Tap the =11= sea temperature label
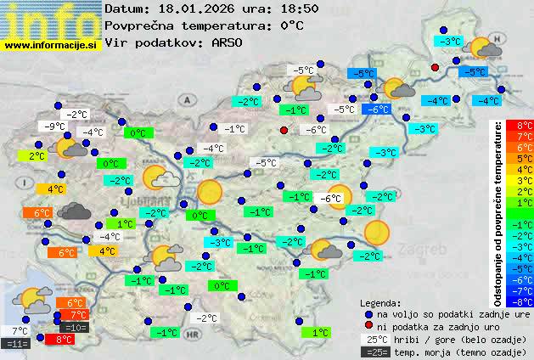pos(16,344)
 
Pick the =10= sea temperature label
pos(74,327)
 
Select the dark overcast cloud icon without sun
pos(74,212)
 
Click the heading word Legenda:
pos(381,301)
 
